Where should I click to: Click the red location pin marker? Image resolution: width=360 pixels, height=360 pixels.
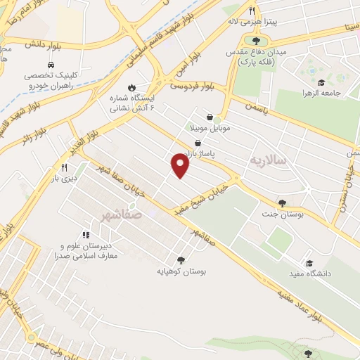point(181,165)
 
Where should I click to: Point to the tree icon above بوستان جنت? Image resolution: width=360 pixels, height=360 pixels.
point(281,202)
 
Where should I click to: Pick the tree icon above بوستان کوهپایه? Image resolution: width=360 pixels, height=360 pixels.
point(181,260)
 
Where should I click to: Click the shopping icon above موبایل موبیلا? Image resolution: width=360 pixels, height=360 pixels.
point(210,117)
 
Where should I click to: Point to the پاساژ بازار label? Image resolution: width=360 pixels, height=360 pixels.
point(200,153)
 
